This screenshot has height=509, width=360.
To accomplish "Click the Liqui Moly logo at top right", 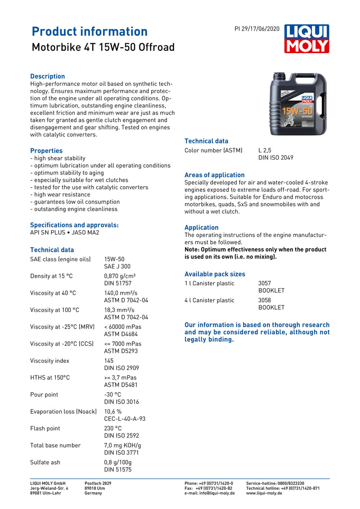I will point(306,39).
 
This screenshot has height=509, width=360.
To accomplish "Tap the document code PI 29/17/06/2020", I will point(256,29).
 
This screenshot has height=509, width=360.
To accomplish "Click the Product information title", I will point(90,31).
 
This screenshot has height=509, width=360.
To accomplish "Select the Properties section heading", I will point(46,151).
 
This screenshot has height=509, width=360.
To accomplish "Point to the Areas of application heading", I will point(215,175).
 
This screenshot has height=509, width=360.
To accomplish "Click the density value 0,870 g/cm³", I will point(120,276).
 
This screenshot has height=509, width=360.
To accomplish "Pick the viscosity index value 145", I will point(109,361).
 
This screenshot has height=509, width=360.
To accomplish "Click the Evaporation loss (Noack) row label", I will point(63,411).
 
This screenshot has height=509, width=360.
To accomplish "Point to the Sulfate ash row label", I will point(45,462).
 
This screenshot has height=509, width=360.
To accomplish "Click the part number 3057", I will point(265,283).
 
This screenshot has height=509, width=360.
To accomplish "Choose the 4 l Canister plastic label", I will point(209,300).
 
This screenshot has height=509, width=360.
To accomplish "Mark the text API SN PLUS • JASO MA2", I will point(64,232).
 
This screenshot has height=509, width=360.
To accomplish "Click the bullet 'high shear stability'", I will point(59,158).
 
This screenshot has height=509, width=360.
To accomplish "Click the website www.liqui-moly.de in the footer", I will point(264,493).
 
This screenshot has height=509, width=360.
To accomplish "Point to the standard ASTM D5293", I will point(121,351).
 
